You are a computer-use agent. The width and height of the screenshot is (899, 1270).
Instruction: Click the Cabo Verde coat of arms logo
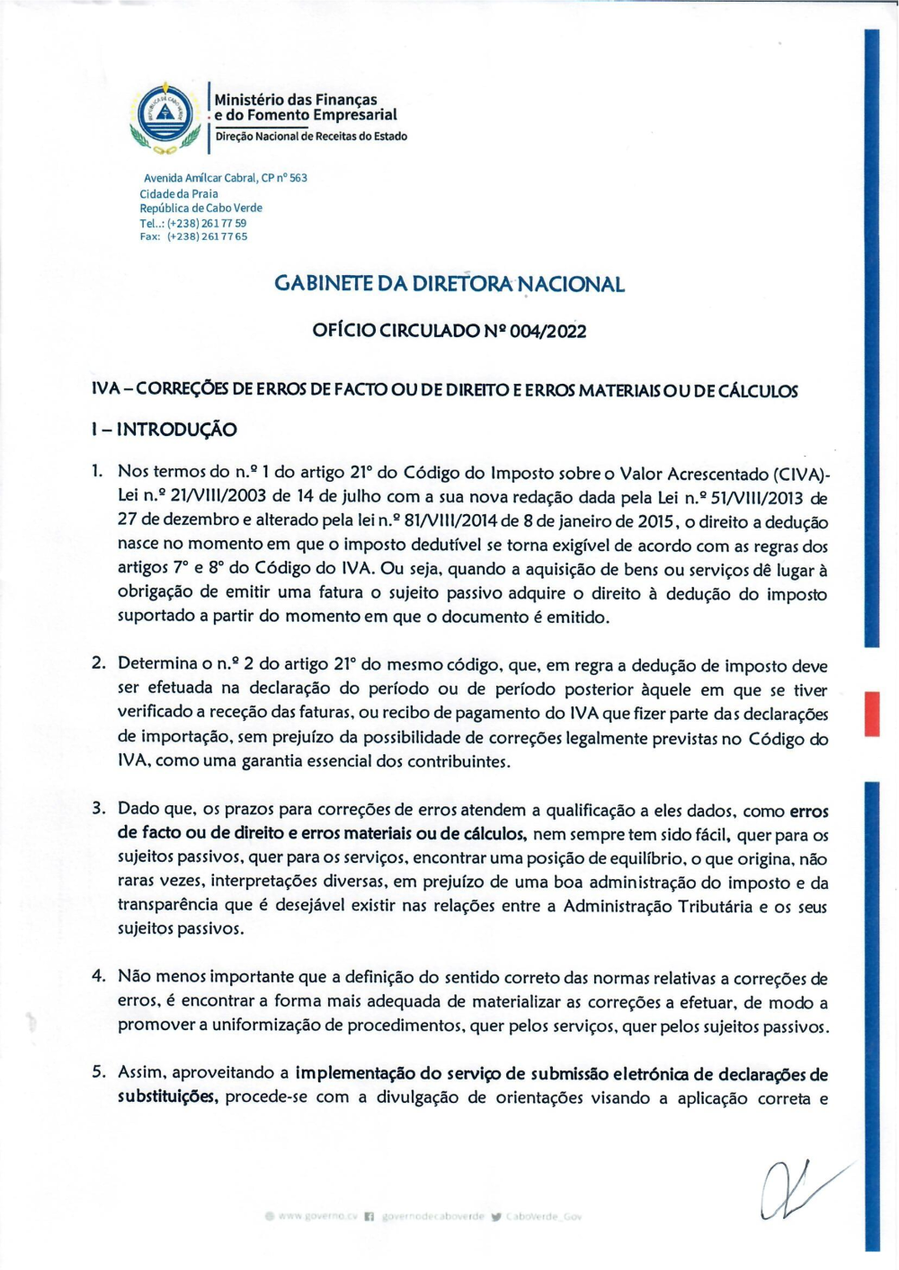pos(165,117)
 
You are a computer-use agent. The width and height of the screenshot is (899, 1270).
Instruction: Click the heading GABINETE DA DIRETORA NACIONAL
pos(449,284)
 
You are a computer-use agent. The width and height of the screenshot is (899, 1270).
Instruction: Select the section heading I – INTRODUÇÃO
pos(165,430)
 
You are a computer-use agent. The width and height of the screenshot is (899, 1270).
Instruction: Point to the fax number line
pos(193,236)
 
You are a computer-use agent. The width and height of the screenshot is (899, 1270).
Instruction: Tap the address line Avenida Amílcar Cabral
pos(226,178)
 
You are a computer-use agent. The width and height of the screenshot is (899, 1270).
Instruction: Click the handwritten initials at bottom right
pos(797,1188)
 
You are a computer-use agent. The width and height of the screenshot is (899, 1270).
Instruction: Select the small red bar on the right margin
pos(871,714)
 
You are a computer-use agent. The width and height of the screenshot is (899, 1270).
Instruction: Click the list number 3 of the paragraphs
pos(99,808)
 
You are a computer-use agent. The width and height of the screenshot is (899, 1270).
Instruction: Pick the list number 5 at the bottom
pos(99,1071)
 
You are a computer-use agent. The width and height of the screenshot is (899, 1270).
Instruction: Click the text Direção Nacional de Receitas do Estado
pos(310,137)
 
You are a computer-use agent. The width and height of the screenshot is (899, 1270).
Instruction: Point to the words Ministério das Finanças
pos(296,100)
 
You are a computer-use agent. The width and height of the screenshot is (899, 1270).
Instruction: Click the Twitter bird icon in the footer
pos(497,1217)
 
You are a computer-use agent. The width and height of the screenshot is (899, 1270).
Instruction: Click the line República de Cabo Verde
pos(200,208)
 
